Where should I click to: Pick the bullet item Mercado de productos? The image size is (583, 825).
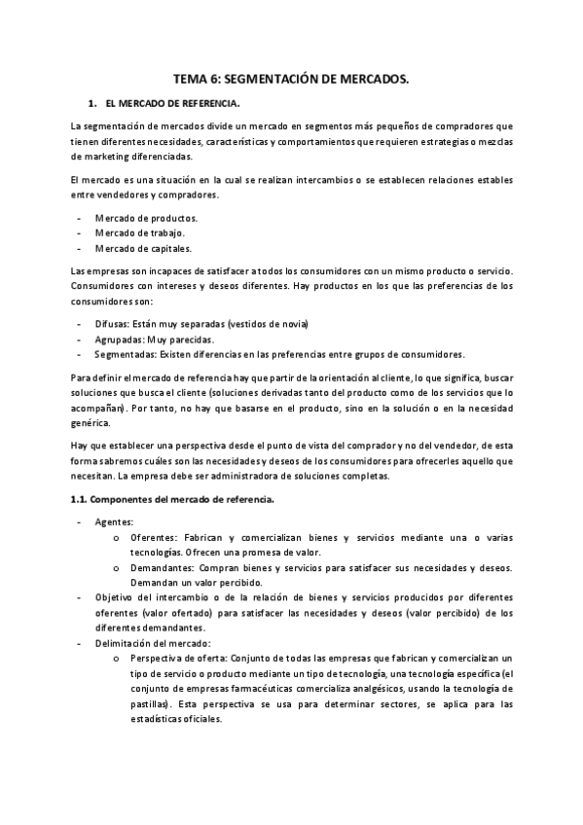click(146, 217)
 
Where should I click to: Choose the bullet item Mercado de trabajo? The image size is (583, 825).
click(139, 233)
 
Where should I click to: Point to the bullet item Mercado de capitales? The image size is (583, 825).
click(142, 248)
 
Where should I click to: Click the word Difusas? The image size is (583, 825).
click(113, 323)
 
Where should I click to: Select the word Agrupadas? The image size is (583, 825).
click(119, 339)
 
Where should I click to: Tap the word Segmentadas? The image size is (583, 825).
click(125, 354)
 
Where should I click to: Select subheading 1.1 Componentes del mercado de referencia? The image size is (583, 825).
click(172, 500)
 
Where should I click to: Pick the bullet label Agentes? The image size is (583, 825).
click(114, 521)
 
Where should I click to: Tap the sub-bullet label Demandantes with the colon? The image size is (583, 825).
click(160, 567)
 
